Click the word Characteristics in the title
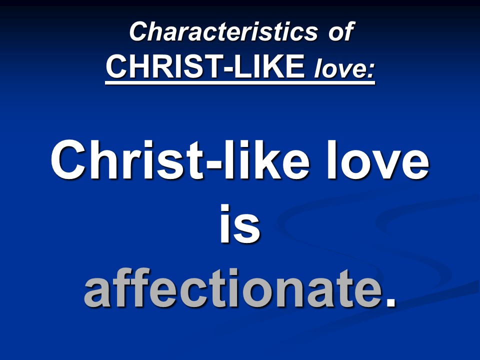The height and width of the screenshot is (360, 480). (x=224, y=31)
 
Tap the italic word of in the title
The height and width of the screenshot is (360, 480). (x=341, y=31)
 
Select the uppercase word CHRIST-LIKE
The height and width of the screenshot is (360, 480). (x=205, y=66)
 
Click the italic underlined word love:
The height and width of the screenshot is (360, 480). (x=344, y=68)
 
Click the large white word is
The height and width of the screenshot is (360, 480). (x=240, y=224)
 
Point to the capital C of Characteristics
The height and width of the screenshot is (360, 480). (x=140, y=31)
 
